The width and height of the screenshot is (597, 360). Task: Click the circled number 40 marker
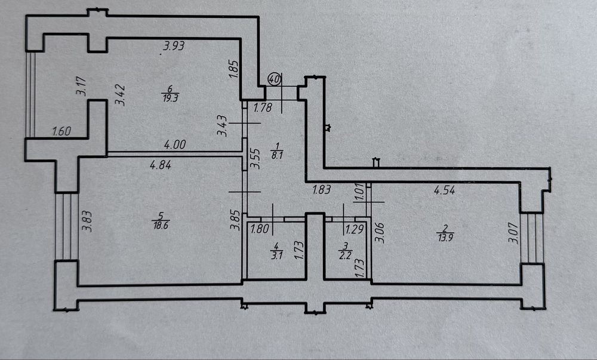[275, 79]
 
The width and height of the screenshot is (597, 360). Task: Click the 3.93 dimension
[174, 45]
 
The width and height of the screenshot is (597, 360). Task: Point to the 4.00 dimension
[176, 144]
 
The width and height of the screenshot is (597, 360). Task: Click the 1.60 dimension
[61, 131]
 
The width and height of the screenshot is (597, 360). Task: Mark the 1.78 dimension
[263, 108]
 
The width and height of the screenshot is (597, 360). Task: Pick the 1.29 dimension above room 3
[355, 228]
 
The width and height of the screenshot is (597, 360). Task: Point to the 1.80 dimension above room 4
[259, 228]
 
